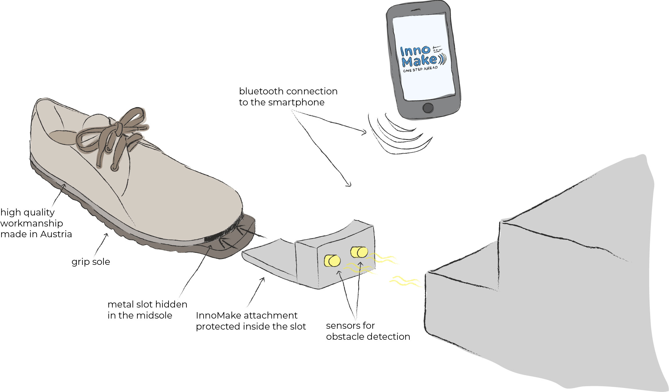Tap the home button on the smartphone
coord(428,108)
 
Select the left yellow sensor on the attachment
coord(332,260)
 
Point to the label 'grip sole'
coord(91,262)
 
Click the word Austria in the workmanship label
coord(56,234)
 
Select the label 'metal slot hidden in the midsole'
coord(147,310)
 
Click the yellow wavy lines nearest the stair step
coord(405,281)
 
